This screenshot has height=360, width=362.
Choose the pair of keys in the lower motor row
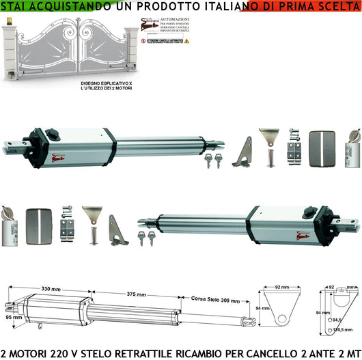click(x=146, y=238)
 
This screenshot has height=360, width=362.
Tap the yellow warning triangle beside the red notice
click(x=186, y=41)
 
